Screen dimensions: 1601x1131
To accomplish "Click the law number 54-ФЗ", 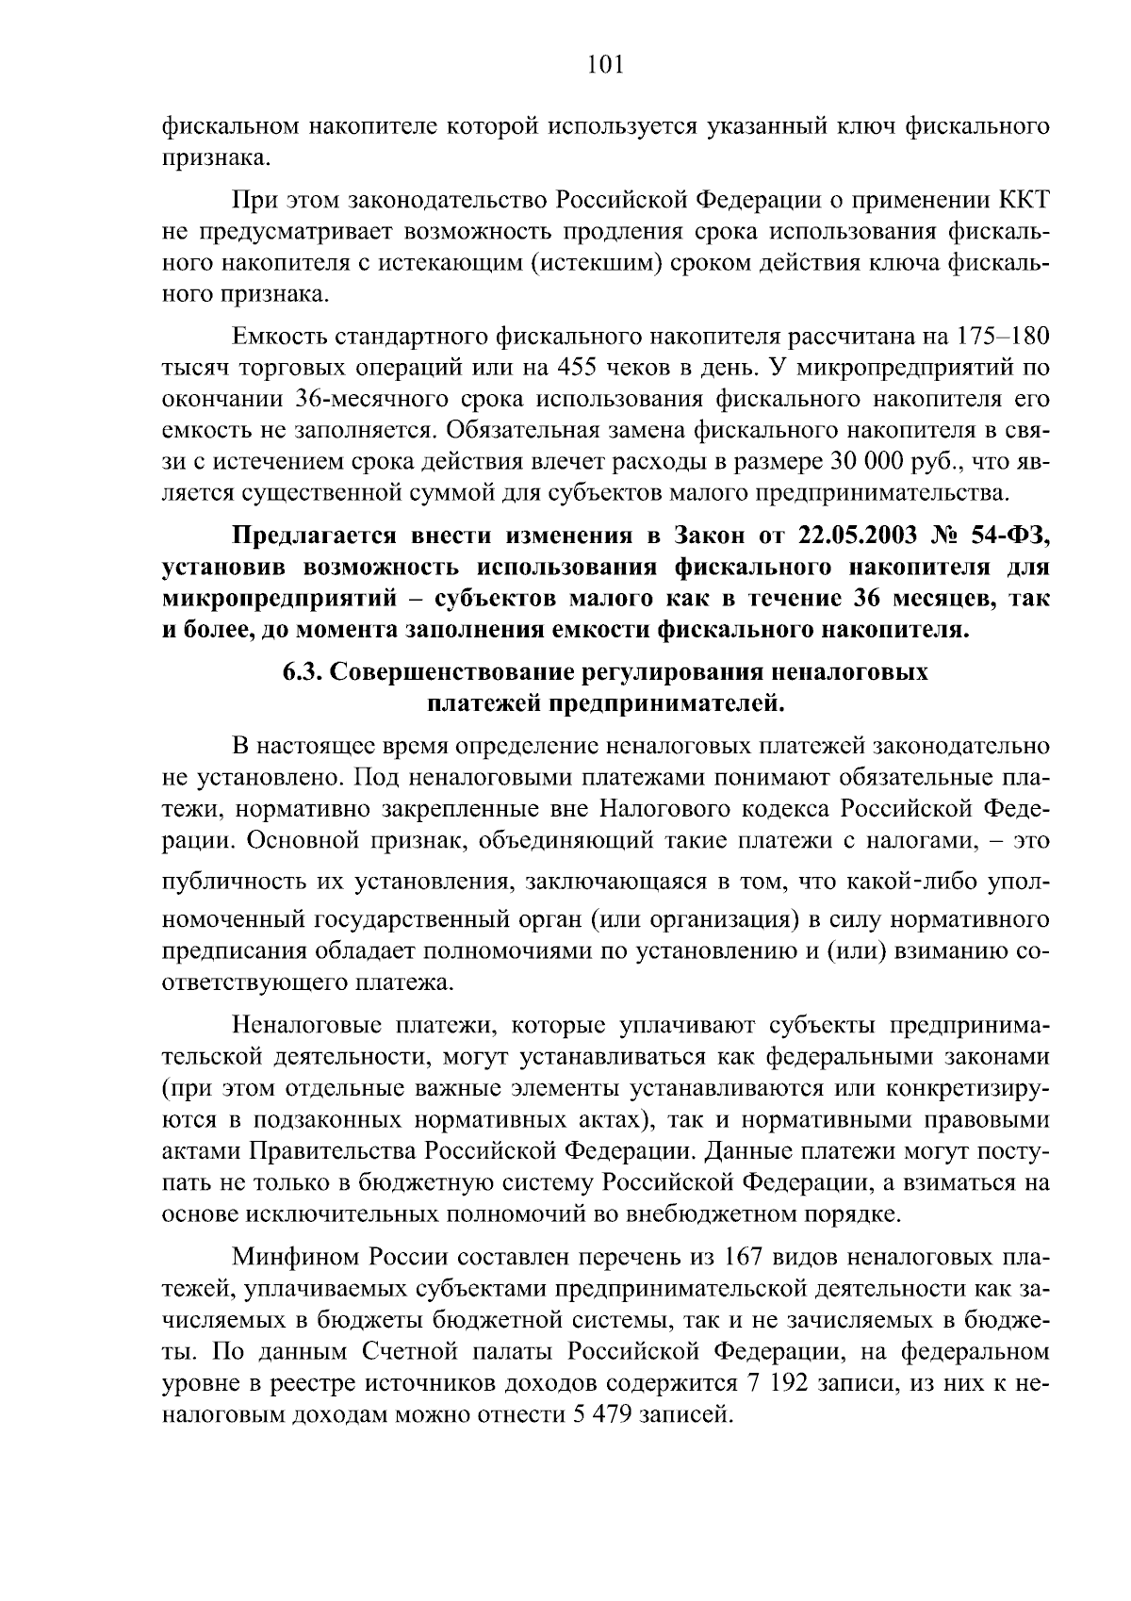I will pos(1010,536).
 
